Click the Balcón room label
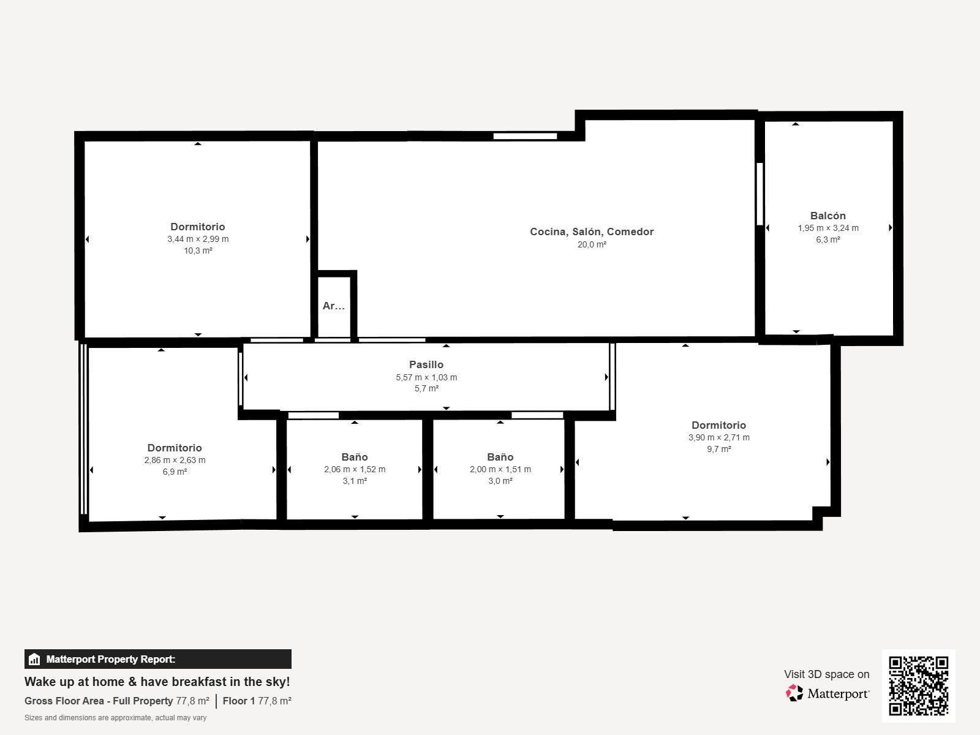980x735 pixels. (x=827, y=216)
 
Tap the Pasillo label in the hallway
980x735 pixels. (x=426, y=364)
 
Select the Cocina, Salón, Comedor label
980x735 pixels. (x=592, y=232)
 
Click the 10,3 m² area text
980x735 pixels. (x=198, y=251)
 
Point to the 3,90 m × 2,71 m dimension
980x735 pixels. (x=719, y=437)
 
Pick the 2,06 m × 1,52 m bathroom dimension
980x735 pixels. (x=355, y=469)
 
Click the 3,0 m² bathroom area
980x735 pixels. (x=500, y=481)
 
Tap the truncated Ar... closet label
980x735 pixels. (x=334, y=306)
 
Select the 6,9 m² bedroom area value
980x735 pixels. (x=175, y=472)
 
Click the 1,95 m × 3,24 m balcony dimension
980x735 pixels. (x=827, y=228)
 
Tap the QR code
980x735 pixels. (x=918, y=686)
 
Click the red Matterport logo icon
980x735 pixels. (x=794, y=693)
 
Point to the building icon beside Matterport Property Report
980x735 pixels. (x=34, y=659)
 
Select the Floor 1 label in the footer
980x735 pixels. (x=239, y=701)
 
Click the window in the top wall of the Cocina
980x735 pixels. (x=525, y=136)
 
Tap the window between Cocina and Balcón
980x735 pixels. (x=759, y=194)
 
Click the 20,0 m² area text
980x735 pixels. (x=592, y=244)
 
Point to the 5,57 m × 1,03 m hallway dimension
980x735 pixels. (x=426, y=377)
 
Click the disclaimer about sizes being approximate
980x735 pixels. (x=115, y=718)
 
